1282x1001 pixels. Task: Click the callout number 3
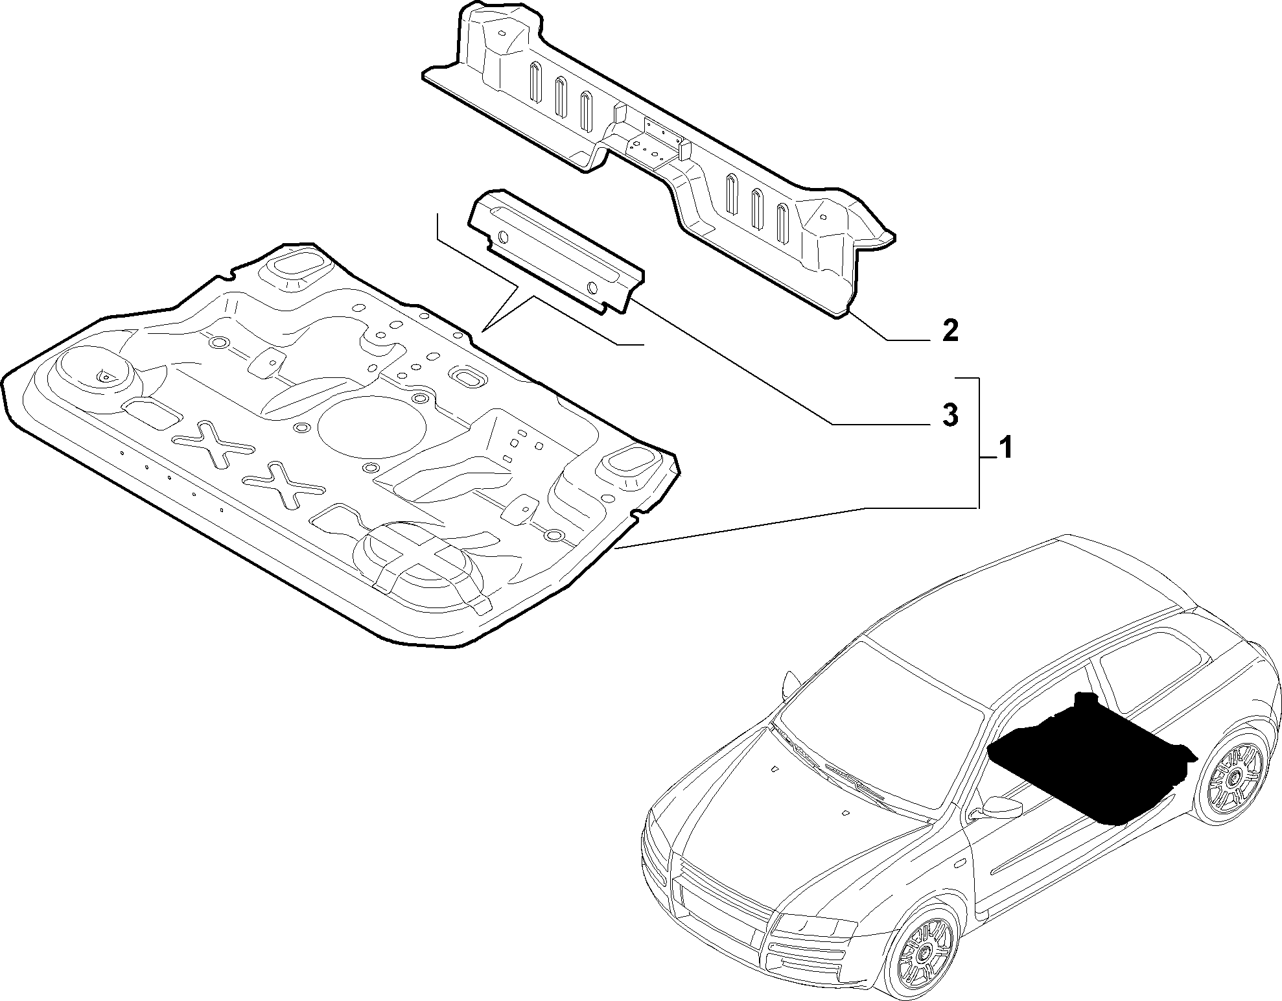pyautogui.click(x=950, y=416)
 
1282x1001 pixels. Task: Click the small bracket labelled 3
pyautogui.click(x=557, y=253)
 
